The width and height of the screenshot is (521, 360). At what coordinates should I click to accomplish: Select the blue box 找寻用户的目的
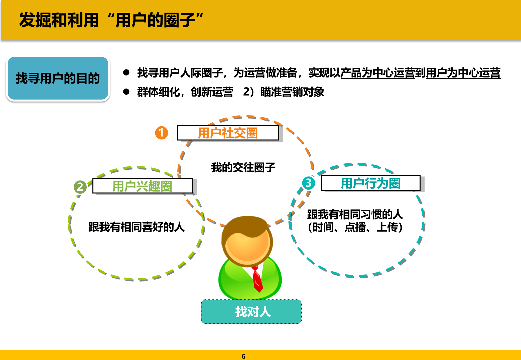58,78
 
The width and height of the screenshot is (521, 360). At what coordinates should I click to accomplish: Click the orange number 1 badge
162,133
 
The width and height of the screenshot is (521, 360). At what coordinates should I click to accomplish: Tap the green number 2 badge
80,187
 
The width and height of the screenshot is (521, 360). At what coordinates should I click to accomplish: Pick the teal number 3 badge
308,183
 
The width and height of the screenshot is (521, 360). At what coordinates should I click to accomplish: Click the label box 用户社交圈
228,133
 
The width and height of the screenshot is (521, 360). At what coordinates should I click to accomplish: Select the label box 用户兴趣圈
142,186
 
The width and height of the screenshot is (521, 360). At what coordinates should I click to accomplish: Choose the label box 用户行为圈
370,183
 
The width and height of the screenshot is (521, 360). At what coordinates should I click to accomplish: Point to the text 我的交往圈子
243,167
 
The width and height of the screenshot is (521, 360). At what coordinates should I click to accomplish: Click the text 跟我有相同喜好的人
137,227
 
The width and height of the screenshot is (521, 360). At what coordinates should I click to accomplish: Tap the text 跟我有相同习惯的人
355,214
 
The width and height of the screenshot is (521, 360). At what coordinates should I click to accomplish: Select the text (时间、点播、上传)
355,227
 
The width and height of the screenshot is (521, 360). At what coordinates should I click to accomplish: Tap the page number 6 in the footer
243,356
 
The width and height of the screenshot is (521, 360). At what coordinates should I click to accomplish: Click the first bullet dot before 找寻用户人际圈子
126,72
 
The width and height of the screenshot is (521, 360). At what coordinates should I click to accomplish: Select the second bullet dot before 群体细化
126,92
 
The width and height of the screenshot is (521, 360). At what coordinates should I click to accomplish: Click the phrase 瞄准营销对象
292,92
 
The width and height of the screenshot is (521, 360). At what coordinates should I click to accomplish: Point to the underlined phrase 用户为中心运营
463,73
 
